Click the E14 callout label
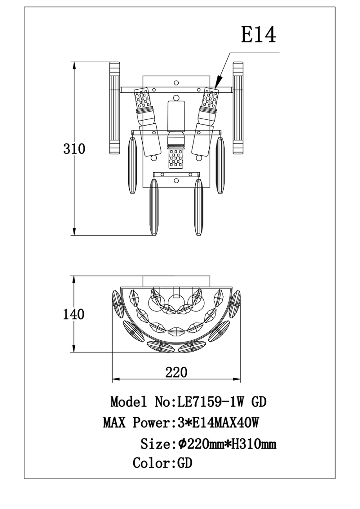point(258,35)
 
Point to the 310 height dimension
point(74,149)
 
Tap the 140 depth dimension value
point(74,314)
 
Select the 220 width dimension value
point(176,372)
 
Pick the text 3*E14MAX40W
point(218,423)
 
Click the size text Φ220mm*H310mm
point(227,444)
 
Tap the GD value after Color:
point(185,463)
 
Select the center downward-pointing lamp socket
point(176,155)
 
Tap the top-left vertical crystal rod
point(114,108)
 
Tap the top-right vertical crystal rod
point(238,108)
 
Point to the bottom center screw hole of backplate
point(176,181)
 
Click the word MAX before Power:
point(114,423)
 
